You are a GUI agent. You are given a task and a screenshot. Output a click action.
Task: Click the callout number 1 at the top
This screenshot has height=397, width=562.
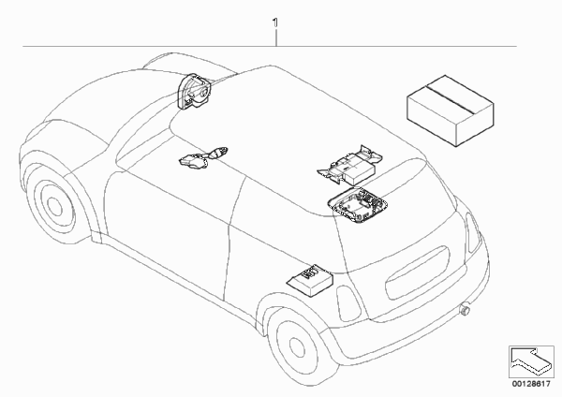(x=275, y=23)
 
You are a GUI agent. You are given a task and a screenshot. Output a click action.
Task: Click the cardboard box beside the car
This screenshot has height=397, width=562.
(x=451, y=110)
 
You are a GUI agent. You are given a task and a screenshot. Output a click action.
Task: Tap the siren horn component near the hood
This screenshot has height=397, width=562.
(x=195, y=91)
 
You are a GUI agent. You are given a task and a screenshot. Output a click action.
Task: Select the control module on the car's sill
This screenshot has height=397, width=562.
(x=310, y=279)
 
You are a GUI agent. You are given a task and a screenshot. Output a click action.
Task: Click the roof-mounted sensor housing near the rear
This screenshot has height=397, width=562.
(x=358, y=206)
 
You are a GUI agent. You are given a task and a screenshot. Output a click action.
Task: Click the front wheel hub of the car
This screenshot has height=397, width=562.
(x=54, y=205)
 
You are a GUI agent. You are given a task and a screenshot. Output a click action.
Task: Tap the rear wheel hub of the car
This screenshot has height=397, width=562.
(x=297, y=346)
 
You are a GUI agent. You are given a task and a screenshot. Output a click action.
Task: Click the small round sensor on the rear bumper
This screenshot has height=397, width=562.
(x=466, y=309)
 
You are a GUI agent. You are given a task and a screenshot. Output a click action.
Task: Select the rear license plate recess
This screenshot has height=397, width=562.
(x=417, y=273)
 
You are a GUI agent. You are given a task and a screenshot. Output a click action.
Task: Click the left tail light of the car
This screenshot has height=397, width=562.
(x=348, y=303)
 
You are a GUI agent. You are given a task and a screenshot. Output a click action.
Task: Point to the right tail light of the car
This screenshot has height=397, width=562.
(x=473, y=232)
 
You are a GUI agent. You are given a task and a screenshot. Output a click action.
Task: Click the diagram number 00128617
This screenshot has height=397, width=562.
(x=531, y=384)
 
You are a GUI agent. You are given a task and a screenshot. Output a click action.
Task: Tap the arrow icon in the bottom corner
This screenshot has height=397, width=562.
(x=531, y=361)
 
